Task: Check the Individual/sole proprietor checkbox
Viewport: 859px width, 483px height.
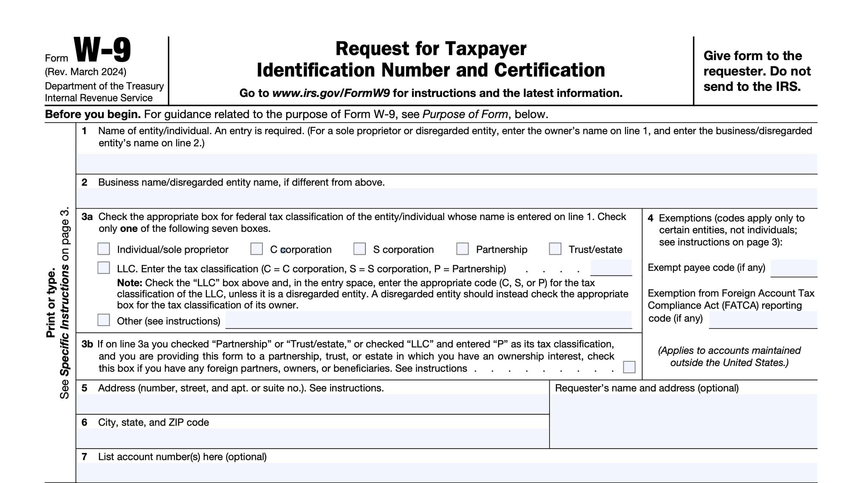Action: (104, 249)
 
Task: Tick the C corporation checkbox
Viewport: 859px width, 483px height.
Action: (256, 249)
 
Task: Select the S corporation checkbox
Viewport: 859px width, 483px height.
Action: (359, 249)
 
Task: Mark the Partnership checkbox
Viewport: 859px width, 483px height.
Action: (462, 249)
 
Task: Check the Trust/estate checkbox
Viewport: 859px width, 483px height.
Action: (555, 249)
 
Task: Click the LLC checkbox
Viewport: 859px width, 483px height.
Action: (104, 268)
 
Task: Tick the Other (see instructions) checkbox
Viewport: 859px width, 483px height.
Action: (104, 320)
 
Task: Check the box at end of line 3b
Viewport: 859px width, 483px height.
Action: (629, 367)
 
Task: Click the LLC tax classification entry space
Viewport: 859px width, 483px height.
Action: (611, 268)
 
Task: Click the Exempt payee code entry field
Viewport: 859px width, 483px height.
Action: (794, 268)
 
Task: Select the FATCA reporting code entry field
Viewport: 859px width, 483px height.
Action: (763, 319)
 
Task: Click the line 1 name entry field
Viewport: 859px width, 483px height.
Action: (446, 164)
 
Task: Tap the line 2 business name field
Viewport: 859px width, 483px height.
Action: (446, 198)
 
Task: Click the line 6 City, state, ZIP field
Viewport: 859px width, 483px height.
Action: (312, 438)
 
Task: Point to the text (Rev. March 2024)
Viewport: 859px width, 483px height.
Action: (86, 72)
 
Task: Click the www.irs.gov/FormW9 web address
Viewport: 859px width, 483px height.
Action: (331, 93)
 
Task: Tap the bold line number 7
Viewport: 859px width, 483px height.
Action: (84, 457)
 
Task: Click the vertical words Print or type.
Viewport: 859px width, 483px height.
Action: (51, 303)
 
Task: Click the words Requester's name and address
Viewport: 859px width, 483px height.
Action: (646, 388)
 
